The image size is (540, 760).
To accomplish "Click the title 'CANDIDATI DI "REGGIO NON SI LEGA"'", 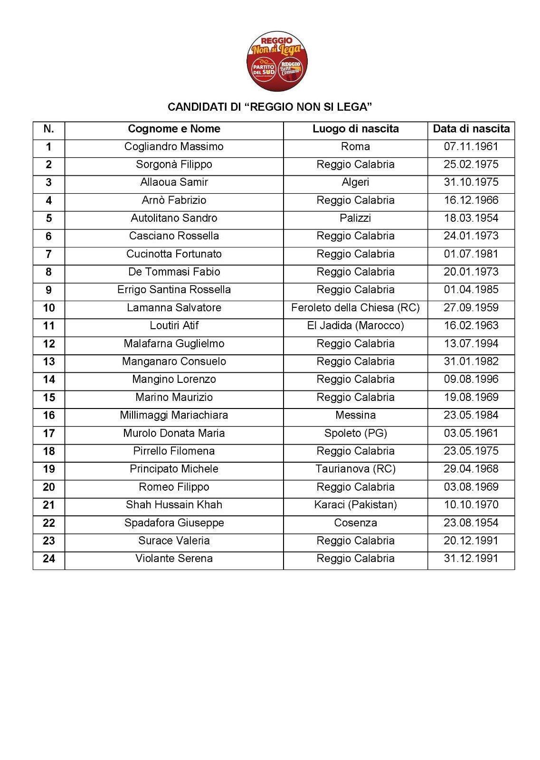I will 269,107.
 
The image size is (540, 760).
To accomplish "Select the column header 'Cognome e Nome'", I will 174,129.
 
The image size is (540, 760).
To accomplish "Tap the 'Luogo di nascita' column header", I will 355,129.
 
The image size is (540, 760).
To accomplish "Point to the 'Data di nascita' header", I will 471,129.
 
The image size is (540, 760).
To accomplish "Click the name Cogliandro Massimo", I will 174,146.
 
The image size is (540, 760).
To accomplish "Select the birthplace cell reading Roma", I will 355,146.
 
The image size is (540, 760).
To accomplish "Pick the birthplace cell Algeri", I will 355,182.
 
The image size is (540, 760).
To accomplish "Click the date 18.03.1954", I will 471,218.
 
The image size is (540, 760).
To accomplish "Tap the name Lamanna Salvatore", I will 174,308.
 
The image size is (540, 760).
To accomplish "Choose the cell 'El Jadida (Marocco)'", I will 355,326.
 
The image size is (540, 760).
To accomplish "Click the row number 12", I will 49,344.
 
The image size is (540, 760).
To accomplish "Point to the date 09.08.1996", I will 471,380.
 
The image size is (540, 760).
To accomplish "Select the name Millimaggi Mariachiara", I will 174,415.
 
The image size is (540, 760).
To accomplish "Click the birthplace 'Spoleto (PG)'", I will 355,433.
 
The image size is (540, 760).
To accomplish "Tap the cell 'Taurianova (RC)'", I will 355,469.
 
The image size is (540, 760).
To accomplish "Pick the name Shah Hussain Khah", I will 174,505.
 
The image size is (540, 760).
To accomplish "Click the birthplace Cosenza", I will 355,523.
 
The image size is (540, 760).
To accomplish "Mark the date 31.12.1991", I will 471,559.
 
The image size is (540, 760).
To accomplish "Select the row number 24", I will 49,559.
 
